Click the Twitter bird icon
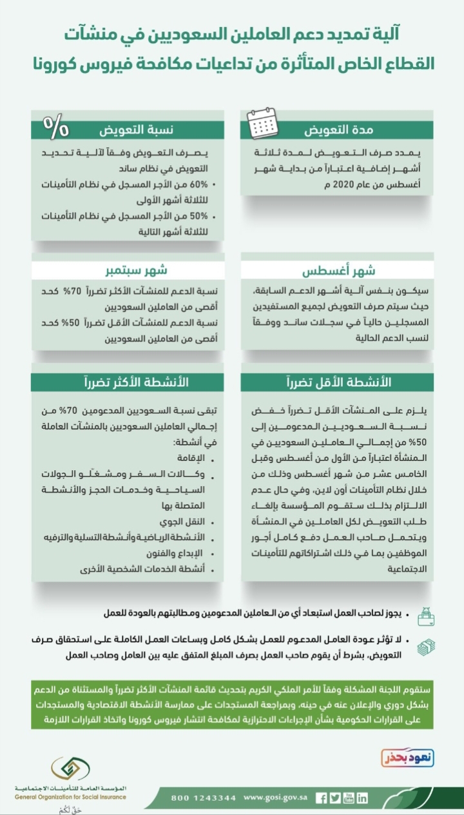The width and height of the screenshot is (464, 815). pyautogui.click(x=334, y=798)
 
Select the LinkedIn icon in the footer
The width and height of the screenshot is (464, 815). pyautogui.click(x=362, y=798)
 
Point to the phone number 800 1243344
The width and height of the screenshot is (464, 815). pyautogui.click(x=203, y=798)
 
